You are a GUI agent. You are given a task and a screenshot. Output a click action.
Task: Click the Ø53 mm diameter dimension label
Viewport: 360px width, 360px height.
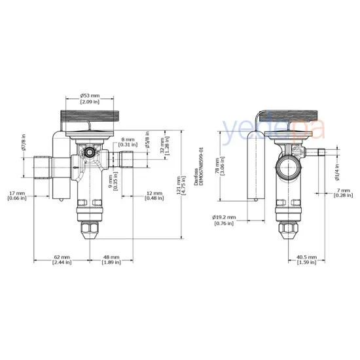point(90,98)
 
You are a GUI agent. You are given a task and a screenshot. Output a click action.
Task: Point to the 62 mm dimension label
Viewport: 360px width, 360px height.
point(62,260)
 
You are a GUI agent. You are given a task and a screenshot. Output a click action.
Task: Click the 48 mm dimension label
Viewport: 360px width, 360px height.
point(111,260)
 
